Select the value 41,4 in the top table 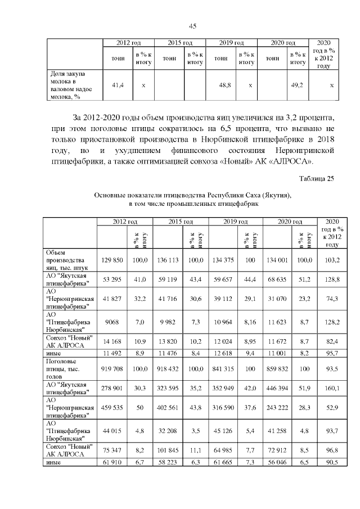tap(118, 84)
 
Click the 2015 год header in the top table tap(181, 43)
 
